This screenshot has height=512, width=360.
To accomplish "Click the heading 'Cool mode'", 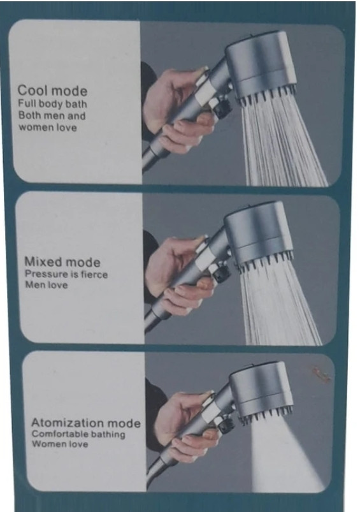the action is tap(52, 91).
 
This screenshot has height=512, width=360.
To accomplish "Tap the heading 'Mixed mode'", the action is tap(62, 262).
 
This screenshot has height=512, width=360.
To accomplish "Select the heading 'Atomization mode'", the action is tap(86, 423).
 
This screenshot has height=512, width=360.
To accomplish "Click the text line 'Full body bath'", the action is tap(52, 104).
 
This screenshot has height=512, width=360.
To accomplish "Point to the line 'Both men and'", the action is tap(52, 115).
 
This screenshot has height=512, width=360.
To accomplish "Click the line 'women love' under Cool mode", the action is tap(48, 127).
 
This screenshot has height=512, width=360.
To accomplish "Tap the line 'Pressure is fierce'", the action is tap(66, 274).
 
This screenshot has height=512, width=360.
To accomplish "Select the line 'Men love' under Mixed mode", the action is tap(47, 285).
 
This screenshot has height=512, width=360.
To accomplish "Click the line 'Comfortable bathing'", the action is tap(78, 434).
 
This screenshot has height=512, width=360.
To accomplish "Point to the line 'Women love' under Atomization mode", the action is tap(60, 444).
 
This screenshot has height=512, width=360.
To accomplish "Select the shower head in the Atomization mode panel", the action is tap(261, 390).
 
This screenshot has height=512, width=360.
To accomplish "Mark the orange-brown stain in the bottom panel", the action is tap(321, 374).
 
